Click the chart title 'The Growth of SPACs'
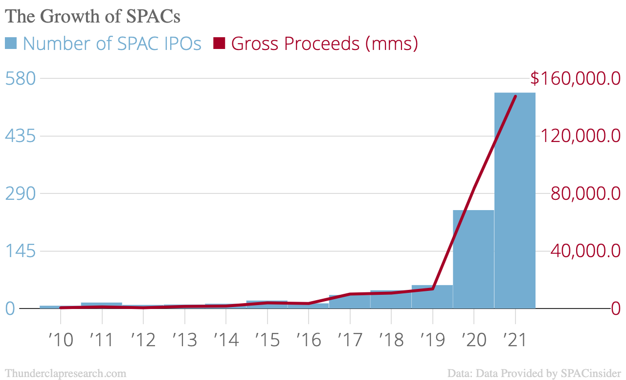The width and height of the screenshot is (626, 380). (x=93, y=16)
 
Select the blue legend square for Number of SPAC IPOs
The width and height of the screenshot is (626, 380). (x=11, y=44)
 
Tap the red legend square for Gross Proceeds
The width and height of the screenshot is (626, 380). (x=219, y=44)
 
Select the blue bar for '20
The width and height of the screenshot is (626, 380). (x=473, y=260)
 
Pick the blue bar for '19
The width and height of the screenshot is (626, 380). (x=432, y=297)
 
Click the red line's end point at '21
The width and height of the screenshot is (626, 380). (x=515, y=96)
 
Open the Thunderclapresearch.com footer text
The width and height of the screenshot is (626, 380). (x=65, y=373)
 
